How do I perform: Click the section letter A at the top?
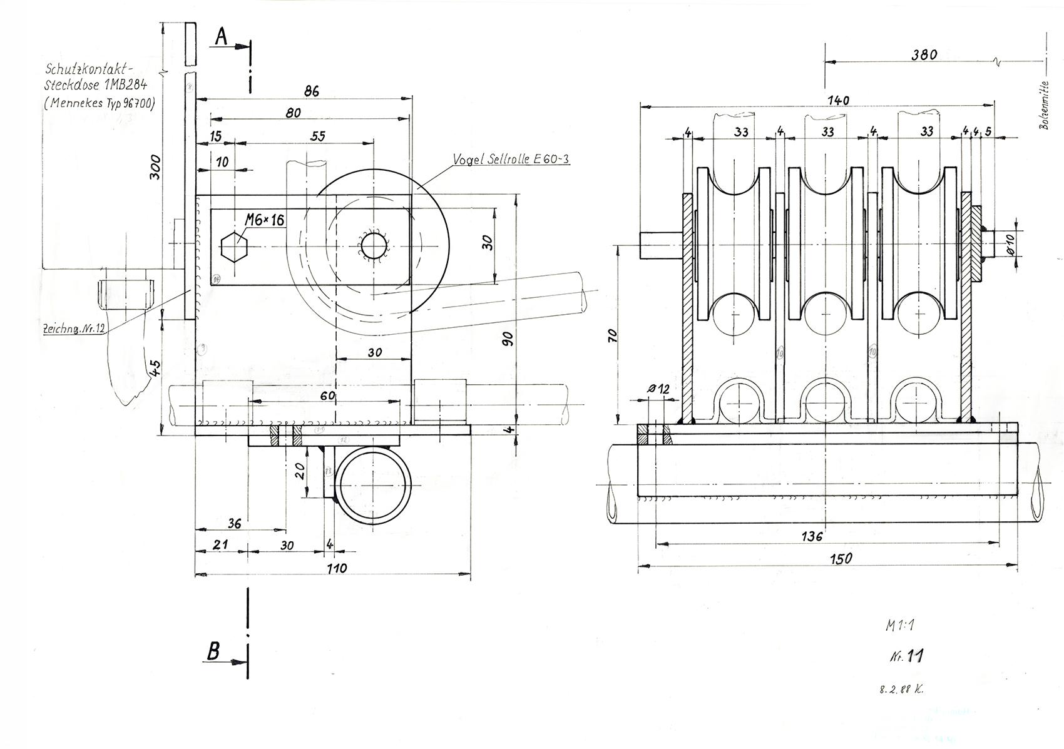pyautogui.click(x=221, y=37)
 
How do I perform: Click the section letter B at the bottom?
pyautogui.click(x=213, y=652)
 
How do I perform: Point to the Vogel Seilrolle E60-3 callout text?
pyautogui.click(x=511, y=160)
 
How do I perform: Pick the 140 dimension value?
pyautogui.click(x=837, y=100)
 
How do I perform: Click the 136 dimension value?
pyautogui.click(x=812, y=536)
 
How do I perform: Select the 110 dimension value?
pyautogui.click(x=336, y=568)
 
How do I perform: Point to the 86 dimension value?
pyautogui.click(x=311, y=91)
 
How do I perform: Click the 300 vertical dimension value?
pyautogui.click(x=156, y=167)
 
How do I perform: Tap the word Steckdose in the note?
pyautogui.click(x=71, y=85)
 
